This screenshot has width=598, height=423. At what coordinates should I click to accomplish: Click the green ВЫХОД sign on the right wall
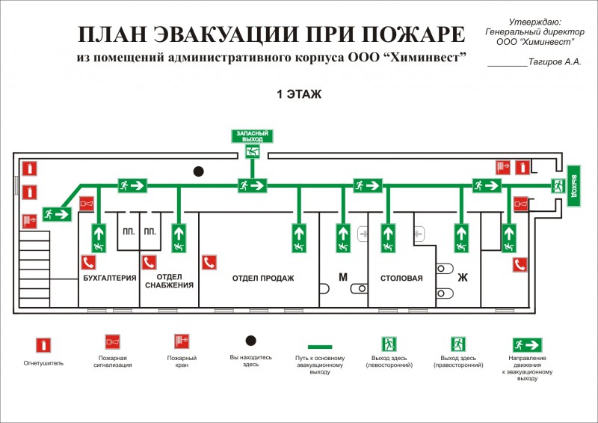pyautogui.click(x=574, y=185)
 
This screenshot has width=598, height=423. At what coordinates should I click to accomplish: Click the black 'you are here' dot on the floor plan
pyautogui.click(x=199, y=171)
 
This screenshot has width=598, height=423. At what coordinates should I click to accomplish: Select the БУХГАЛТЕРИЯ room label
pyautogui.click(x=109, y=279)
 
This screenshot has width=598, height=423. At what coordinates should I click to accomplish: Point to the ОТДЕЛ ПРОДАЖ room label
pyautogui.click(x=262, y=279)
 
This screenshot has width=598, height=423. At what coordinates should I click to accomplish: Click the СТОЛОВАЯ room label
pyautogui.click(x=401, y=279)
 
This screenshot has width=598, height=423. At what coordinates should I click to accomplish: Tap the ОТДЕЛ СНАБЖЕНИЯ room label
pyautogui.click(x=170, y=281)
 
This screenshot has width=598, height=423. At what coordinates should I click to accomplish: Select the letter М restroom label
pyautogui.click(x=343, y=277)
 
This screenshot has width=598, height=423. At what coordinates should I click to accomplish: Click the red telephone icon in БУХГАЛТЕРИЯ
pyautogui.click(x=88, y=262)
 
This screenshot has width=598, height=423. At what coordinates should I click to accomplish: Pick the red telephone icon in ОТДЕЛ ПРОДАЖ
pyautogui.click(x=209, y=262)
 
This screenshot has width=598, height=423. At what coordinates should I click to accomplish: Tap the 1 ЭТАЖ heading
pyautogui.click(x=299, y=94)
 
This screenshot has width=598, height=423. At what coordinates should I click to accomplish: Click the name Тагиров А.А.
pyautogui.click(x=554, y=61)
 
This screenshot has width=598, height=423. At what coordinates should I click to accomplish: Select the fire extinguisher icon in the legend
pyautogui.click(x=44, y=345)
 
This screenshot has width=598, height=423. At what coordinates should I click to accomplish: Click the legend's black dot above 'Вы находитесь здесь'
pyautogui.click(x=251, y=341)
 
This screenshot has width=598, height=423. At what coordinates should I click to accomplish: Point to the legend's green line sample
pyautogui.click(x=320, y=347)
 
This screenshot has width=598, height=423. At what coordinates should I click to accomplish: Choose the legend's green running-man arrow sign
pyautogui.click(x=527, y=345)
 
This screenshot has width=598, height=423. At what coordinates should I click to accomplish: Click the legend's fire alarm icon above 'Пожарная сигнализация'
pyautogui.click(x=113, y=342)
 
